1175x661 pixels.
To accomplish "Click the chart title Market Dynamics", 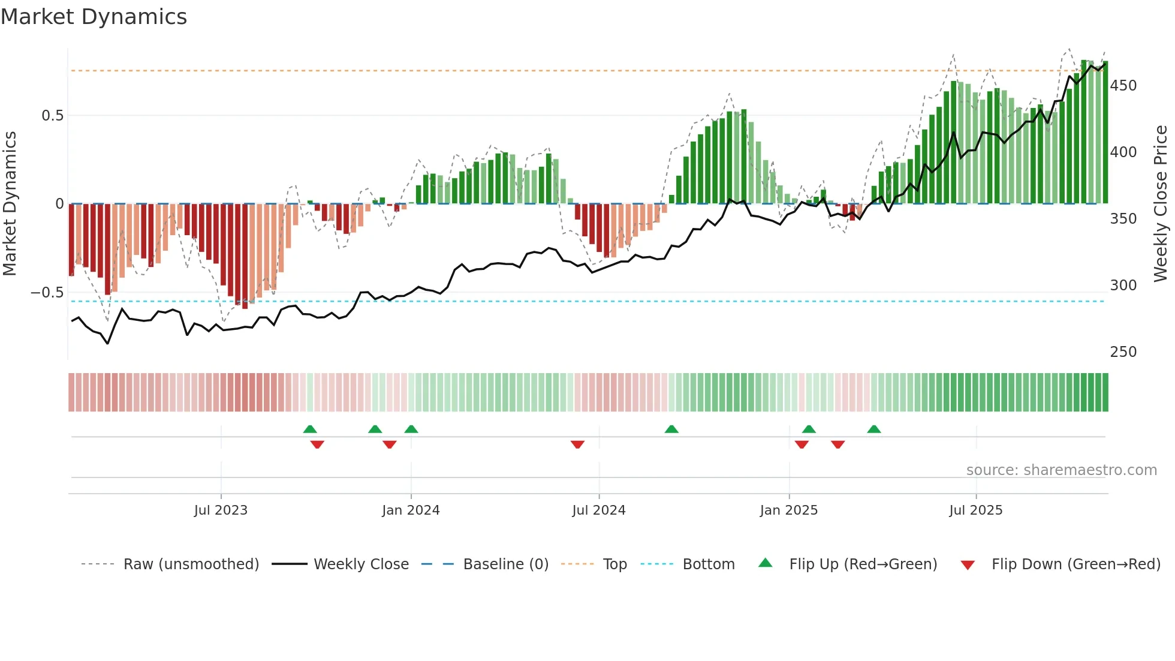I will tap(94, 17).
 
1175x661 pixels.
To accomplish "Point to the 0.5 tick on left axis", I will tap(52, 116).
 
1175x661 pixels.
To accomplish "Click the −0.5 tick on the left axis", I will tap(47, 293).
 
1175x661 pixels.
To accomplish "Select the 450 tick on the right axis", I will tap(1123, 86).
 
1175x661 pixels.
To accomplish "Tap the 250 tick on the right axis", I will tap(1123, 352).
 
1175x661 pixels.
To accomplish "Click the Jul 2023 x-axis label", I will tap(221, 510).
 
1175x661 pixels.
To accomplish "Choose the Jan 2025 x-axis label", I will tap(788, 510).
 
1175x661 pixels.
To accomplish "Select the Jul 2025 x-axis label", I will tap(975, 510).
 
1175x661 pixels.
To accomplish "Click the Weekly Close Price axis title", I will tap(1161, 204).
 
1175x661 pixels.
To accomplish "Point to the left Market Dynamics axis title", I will tap(10, 204).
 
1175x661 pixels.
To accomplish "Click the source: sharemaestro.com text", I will tap(1061, 470).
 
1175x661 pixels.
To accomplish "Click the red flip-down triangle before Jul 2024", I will tap(577, 444).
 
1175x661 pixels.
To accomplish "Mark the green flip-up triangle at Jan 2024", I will tap(411, 429).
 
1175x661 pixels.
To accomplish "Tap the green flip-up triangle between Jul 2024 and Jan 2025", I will tap(671, 429).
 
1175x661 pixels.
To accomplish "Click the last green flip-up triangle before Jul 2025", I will tap(874, 429).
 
